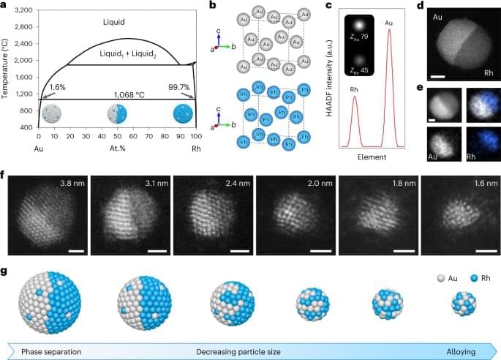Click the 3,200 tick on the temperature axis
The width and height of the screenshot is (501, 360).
click(21, 12)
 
